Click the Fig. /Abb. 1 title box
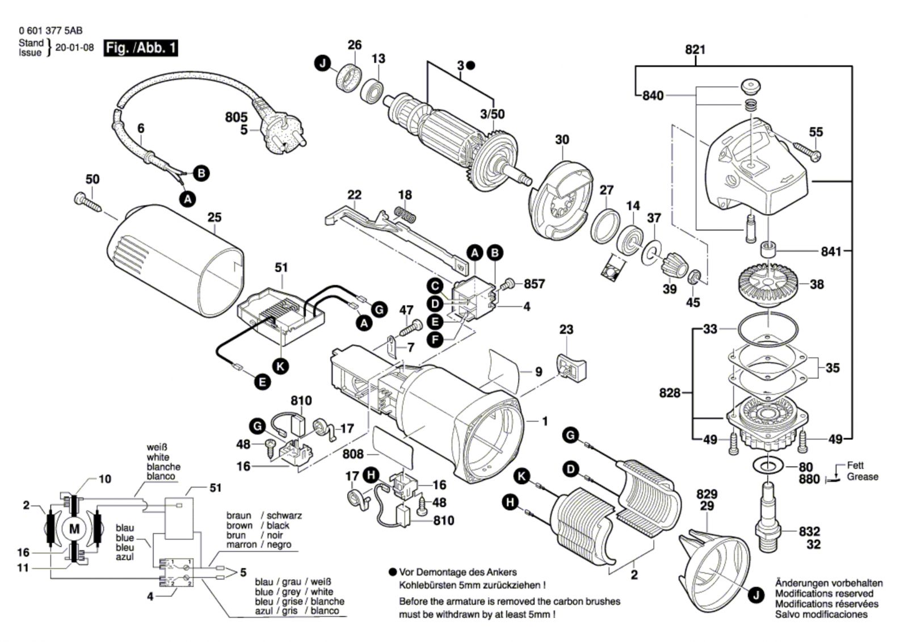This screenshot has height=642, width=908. point(140,48)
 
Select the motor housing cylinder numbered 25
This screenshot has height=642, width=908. point(173,267)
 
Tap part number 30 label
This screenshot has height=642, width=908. point(562,140)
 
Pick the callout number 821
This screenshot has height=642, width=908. point(695,50)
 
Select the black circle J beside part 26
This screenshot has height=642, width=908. point(323,64)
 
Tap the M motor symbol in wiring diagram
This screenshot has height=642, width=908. point(74,529)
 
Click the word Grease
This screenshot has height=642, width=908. point(862,477)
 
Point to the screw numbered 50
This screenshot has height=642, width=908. point(86,201)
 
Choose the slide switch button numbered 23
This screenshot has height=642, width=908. point(570,364)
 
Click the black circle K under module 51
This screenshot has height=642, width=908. point(280,366)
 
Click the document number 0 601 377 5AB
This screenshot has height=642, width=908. point(50,31)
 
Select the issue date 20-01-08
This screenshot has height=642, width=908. point(74,48)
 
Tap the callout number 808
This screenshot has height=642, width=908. point(352,454)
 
